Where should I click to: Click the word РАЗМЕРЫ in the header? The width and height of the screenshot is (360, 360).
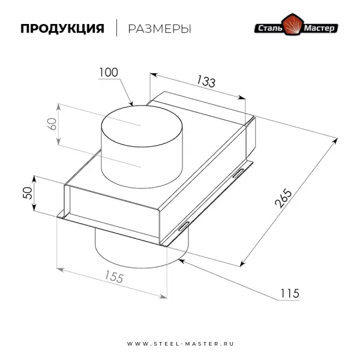[x=160, y=29]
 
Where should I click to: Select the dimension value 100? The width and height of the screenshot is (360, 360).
[x=109, y=73]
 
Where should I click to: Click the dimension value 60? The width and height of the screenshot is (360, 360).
[x=52, y=124]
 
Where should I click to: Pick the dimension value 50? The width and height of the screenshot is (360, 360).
[x=26, y=193]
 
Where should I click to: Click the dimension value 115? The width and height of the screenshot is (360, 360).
[x=289, y=293]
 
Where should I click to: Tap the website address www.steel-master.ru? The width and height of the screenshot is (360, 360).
[x=179, y=344]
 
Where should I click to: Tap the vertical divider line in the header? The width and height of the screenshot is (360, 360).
[x=116, y=28]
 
